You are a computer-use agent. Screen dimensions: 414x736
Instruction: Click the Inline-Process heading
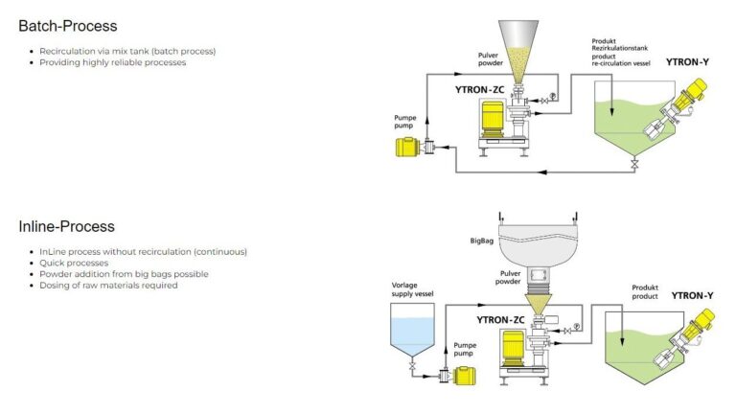coord(66,226)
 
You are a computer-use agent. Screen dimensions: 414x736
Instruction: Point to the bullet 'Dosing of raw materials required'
coord(108,285)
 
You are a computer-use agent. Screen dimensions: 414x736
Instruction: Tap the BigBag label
coord(481,243)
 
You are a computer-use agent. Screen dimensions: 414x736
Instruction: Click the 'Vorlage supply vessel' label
coord(413,289)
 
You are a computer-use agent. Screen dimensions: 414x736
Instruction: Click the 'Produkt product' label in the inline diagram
coord(645,291)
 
